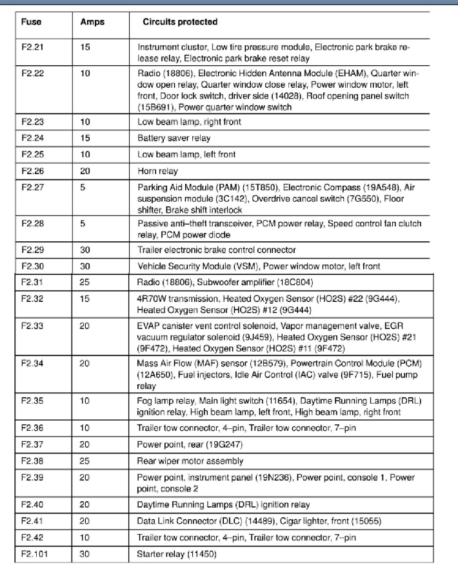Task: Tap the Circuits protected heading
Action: point(180,22)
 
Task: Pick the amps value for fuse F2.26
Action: point(86,171)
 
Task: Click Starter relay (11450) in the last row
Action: point(176,554)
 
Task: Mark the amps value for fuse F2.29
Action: point(86,249)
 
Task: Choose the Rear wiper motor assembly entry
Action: point(190,461)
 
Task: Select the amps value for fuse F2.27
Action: point(83,187)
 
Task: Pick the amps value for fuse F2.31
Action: point(86,283)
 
